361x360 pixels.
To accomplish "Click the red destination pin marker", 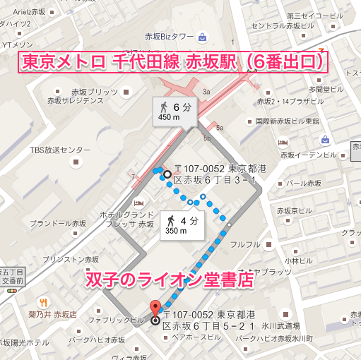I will [x=155, y=308].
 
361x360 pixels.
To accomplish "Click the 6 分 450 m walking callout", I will [x=174, y=112].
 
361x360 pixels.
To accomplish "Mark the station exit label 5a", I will [x=220, y=128].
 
